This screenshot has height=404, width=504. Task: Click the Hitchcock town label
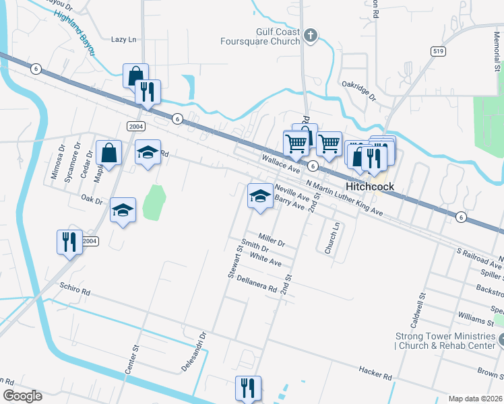point(369,187)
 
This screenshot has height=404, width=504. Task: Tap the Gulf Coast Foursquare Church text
point(259,36)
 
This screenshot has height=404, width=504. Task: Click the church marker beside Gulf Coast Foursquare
point(310,36)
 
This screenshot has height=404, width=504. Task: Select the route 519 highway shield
point(437,51)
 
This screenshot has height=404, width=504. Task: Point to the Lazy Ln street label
point(123,40)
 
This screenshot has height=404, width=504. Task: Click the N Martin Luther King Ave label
point(344,198)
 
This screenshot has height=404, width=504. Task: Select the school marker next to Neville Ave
point(260,196)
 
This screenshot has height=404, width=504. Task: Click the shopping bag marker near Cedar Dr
point(108,153)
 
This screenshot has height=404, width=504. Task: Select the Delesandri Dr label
point(193,351)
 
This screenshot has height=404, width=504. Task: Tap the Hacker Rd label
point(375,373)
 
